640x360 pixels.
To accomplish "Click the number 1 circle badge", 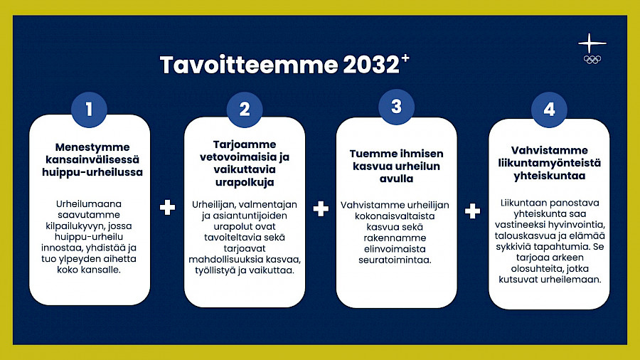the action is pos(89,110).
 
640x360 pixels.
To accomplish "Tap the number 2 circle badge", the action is pos(245,110).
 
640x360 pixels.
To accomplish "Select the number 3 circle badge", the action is pos(396,107).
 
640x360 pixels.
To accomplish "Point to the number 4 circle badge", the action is pos(549,110).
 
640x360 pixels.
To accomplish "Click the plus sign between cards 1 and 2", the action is pos(167,207).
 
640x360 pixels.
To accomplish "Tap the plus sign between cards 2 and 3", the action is pos(321,208).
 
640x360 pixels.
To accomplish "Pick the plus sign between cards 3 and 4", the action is pos(472,211).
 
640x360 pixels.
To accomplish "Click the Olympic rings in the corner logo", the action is pos(592,60).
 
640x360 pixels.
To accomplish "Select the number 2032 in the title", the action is pos(370,65).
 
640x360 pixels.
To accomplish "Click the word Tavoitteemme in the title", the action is pos(249,65).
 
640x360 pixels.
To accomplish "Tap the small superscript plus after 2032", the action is pos(405,58).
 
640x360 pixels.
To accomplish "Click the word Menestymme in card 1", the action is pos(92,147).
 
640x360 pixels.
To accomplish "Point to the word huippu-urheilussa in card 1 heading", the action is pos(92,172).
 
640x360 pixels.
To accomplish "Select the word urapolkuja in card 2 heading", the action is pos(245,182).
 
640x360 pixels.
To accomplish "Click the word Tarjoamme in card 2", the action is pos(245,145).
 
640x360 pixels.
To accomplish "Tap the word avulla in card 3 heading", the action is pos(396,179).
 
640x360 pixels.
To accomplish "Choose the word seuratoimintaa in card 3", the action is pos(395,260).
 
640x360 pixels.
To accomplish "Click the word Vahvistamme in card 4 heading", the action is pos(550,150).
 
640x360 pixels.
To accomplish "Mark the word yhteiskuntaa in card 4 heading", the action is pos(550,176).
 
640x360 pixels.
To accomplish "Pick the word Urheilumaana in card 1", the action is pos(89,203).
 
